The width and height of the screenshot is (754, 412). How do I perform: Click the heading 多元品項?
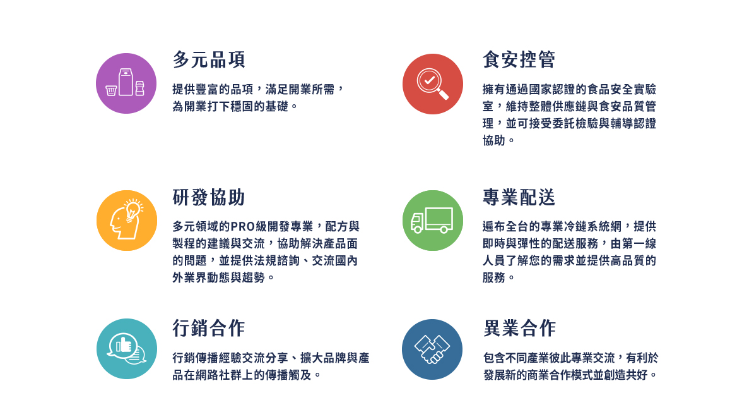[x=209, y=59]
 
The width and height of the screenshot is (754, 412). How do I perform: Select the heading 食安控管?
[x=519, y=59]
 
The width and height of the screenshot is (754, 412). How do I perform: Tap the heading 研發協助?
[x=209, y=197]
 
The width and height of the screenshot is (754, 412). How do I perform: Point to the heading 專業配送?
[x=519, y=197]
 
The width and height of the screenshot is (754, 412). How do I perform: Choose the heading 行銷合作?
[x=209, y=328]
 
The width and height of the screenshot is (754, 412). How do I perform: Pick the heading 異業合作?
[x=519, y=328]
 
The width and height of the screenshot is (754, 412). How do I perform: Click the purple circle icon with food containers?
[x=126, y=83]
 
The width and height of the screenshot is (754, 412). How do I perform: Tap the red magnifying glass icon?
[x=433, y=84]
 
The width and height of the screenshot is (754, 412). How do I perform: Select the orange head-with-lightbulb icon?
[x=126, y=221]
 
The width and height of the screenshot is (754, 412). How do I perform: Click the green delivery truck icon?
[x=433, y=221]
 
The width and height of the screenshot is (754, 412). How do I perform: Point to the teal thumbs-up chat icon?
[x=126, y=349]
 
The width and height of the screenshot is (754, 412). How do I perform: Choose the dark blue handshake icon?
[x=432, y=349]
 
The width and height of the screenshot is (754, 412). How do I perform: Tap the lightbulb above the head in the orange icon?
[x=133, y=210]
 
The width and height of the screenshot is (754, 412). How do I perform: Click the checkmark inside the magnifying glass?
[x=430, y=80]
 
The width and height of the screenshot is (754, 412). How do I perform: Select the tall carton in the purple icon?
[x=126, y=82]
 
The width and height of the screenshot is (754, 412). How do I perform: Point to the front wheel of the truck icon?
[x=418, y=229]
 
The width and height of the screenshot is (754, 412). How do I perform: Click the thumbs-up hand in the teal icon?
[x=124, y=344]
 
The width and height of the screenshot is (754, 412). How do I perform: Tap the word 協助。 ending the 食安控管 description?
[x=498, y=140]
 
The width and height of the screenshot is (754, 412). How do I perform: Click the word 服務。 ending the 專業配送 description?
[x=498, y=277]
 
